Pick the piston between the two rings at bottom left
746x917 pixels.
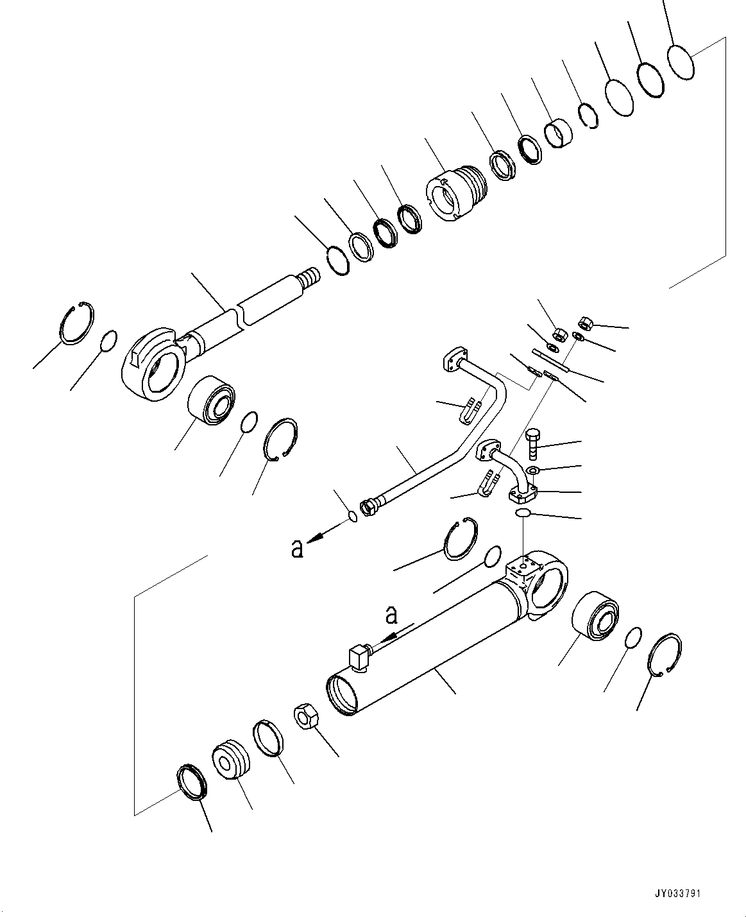point(229,760)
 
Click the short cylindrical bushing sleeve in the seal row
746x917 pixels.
point(558,133)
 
